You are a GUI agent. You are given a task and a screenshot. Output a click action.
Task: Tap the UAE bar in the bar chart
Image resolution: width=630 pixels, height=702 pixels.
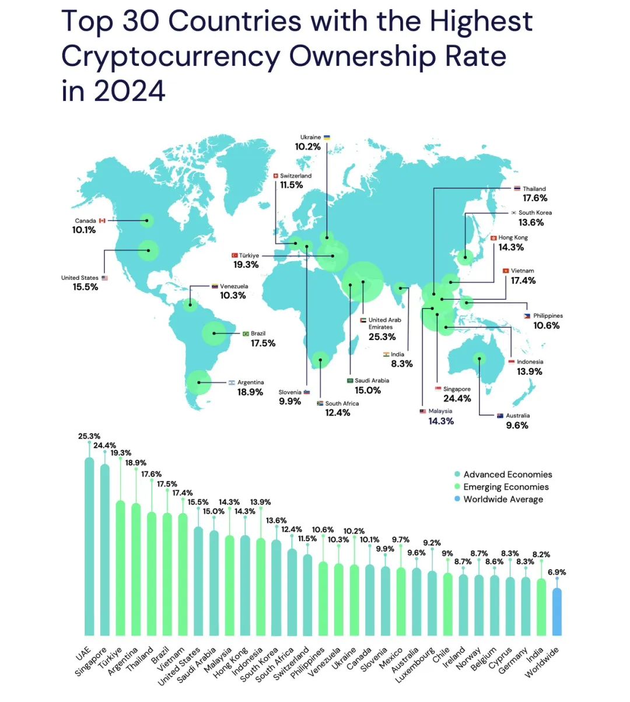pos(89,548)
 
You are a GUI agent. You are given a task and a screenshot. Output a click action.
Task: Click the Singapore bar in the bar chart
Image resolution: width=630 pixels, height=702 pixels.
pos(105,551)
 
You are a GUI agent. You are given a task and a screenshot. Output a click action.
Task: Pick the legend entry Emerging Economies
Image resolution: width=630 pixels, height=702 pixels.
pos(506,487)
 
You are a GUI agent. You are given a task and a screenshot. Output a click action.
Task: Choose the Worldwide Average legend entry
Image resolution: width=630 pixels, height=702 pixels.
pos(503,499)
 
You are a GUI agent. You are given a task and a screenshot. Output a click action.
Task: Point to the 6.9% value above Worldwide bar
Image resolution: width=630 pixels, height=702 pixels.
pos(557,572)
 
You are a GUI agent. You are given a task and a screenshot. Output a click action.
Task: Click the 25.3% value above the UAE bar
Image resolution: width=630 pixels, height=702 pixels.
pos(89,436)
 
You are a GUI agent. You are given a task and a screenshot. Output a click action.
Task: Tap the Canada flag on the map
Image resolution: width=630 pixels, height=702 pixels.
pos(102,221)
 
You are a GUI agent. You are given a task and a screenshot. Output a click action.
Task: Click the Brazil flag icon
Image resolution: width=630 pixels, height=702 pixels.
pos(246,334)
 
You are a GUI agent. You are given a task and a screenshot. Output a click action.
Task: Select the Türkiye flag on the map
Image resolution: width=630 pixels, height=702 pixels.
pos(235,255)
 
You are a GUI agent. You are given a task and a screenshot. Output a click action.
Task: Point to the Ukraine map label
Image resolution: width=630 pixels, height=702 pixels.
pos(310,138)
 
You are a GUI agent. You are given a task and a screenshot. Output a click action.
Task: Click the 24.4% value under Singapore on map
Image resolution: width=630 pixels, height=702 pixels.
pos(457,399)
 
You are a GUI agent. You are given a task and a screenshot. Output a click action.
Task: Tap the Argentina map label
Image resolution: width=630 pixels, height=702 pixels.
pos(250,382)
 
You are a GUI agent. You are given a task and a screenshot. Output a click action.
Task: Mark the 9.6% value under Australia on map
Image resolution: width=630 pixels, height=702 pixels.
pos(517,426)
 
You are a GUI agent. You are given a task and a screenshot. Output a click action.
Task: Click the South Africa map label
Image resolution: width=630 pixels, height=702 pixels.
pos(342,403)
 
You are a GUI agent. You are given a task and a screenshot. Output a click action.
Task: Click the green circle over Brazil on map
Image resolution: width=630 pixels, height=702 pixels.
pos(214,334)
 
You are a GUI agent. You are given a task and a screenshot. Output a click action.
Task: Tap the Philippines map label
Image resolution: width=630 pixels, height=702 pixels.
pos(548,315)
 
